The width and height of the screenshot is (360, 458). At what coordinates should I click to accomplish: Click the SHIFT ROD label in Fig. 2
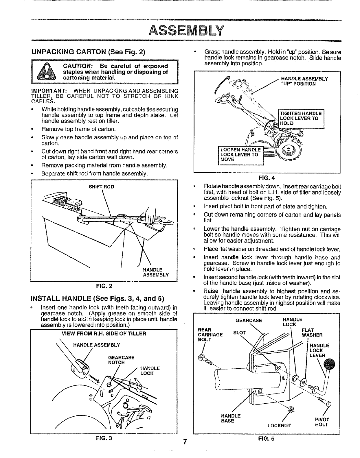click(x=102, y=187)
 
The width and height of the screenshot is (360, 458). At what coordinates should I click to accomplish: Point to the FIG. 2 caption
click(x=104, y=287)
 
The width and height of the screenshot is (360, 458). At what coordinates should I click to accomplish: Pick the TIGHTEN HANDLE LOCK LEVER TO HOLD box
click(x=301, y=118)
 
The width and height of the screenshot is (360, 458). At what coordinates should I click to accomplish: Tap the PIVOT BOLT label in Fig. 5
click(x=321, y=422)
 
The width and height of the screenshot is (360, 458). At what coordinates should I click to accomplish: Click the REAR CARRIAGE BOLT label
click(x=210, y=335)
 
